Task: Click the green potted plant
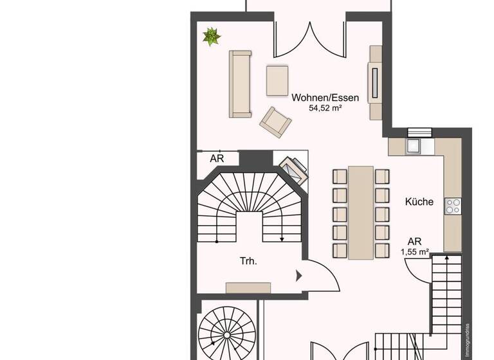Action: [211, 37]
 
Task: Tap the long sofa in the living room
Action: [240, 84]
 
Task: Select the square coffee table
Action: [279, 80]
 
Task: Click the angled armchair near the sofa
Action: [275, 121]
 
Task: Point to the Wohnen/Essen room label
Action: [325, 98]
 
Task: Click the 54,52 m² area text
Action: [325, 109]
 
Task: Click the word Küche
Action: [419, 202]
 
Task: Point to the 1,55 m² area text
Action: [415, 252]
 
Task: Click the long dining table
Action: [361, 212]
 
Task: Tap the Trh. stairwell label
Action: [249, 262]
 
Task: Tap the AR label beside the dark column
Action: [217, 158]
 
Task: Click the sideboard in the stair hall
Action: [248, 287]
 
